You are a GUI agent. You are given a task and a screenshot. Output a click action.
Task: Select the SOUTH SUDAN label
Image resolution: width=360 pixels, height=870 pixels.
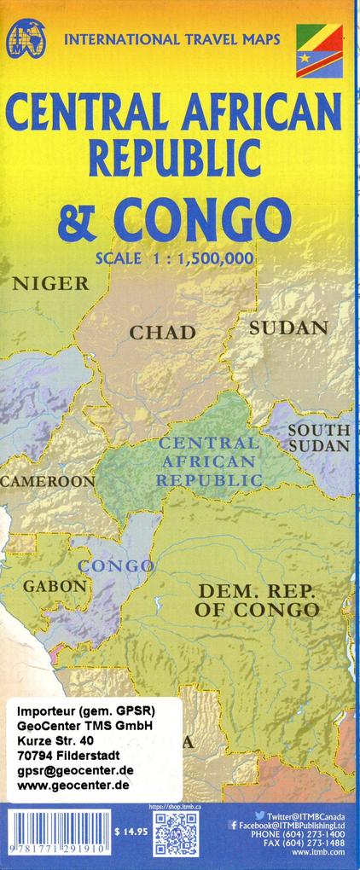318,438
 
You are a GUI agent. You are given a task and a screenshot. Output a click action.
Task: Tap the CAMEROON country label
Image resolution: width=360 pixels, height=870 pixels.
48,482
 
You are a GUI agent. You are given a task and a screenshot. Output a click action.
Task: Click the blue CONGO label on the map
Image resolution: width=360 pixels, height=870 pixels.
116,566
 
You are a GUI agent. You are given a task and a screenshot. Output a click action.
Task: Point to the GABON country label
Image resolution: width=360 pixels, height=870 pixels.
55,587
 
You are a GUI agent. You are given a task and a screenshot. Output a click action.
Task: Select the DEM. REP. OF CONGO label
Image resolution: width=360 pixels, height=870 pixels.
256,600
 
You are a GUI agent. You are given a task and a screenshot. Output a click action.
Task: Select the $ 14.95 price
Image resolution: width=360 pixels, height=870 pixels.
130,831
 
